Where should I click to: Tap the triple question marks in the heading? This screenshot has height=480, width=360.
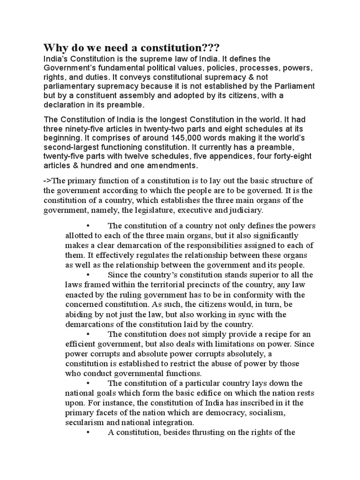(x=210, y=48)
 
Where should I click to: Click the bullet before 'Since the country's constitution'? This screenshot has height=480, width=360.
(x=88, y=275)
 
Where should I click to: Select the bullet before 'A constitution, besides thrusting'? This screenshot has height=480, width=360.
(x=88, y=432)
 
